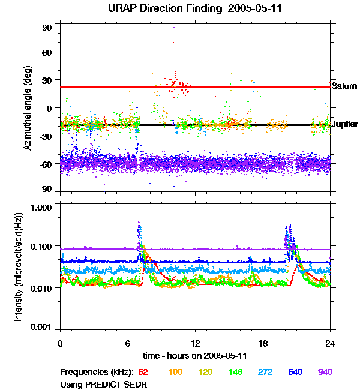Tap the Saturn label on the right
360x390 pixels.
click(344, 86)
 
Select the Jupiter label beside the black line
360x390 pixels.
click(345, 125)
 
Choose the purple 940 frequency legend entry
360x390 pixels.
click(325, 372)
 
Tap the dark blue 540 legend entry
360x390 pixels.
click(295, 372)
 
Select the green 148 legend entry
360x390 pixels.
click(235, 372)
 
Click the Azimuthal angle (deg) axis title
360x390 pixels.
click(27, 109)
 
